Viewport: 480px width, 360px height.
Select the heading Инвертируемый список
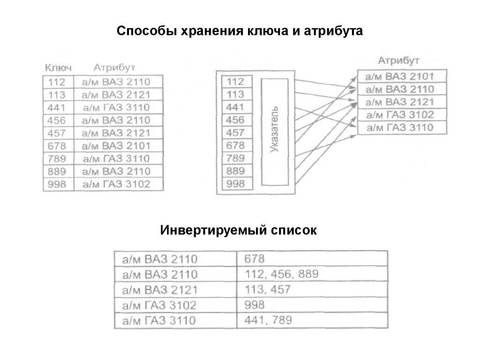pos(239,231)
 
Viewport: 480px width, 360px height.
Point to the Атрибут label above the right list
pos(399,60)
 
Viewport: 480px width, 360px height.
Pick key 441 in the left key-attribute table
pos(57,107)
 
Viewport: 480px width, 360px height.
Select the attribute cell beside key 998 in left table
pos(116,184)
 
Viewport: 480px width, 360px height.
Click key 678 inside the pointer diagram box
pos(235,146)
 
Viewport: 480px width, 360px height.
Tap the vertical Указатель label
pos(276,131)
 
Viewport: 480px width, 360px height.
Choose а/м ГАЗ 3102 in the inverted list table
pos(160,306)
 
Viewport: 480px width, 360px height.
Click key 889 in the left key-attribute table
pos(57,171)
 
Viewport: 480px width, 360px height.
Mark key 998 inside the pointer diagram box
pos(235,184)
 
